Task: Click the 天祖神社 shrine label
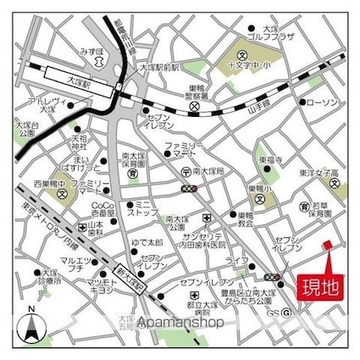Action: coord(78,141)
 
